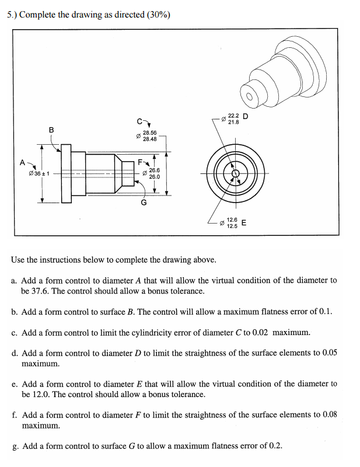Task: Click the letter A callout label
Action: tap(23, 162)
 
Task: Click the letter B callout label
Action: tap(51, 129)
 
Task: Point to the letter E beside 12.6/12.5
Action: tap(243, 222)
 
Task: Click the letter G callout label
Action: tap(142, 203)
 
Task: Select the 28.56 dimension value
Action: tap(149, 133)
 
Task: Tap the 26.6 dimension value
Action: tap(155, 170)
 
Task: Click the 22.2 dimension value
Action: tap(233, 116)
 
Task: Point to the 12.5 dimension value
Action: tap(232, 226)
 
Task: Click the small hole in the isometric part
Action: tap(251, 96)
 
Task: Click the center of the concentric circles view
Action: tap(235, 173)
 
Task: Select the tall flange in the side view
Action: tap(67, 173)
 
